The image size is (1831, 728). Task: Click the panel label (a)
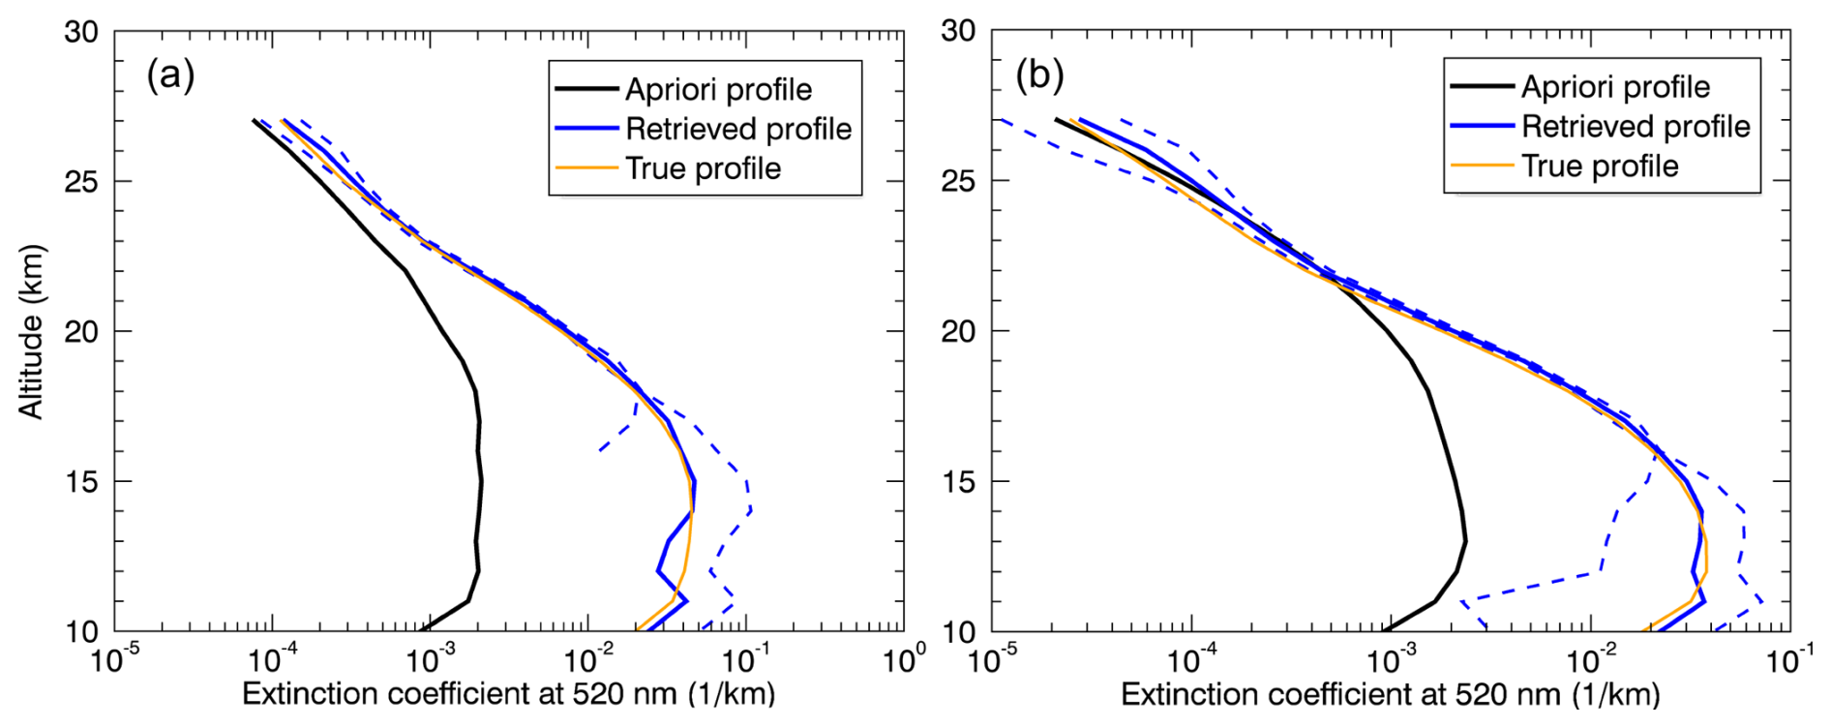170,75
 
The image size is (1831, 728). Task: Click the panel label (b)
1039,75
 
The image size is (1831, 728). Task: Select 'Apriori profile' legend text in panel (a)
718,90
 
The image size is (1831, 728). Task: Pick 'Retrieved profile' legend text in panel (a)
738,129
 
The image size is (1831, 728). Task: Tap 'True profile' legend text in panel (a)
703,168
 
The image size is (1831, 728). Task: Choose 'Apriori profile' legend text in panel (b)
1615,87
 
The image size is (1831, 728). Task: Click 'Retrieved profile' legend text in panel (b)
1636,127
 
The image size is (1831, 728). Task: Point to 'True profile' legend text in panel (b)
1600,167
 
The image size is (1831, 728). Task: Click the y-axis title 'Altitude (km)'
31,331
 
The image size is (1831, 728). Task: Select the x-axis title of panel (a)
508,694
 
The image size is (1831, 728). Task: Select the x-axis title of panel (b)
1390,694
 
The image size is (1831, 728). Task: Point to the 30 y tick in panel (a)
81,32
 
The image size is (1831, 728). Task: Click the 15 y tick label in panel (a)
81,482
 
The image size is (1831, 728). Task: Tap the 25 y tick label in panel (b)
958,182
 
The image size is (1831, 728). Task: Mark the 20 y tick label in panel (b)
958,332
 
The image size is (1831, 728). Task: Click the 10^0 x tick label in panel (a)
902,661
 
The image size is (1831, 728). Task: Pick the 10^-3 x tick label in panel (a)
429,661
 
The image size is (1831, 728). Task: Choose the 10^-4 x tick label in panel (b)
1190,661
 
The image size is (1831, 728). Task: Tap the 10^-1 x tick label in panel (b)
1788,661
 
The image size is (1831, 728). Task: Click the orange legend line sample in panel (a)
586,168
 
